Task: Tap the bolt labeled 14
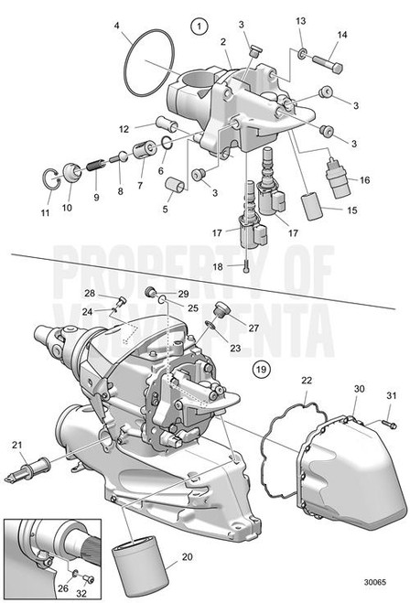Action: click(x=329, y=65)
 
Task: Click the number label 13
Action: click(x=301, y=20)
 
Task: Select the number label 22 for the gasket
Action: click(x=307, y=380)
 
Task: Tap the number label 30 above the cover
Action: click(x=358, y=389)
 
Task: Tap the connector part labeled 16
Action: click(x=340, y=174)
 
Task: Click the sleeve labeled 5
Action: click(x=173, y=188)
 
